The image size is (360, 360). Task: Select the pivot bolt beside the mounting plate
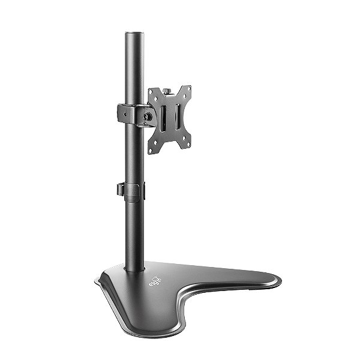coord(146,114)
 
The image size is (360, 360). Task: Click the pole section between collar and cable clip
coord(133,153)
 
